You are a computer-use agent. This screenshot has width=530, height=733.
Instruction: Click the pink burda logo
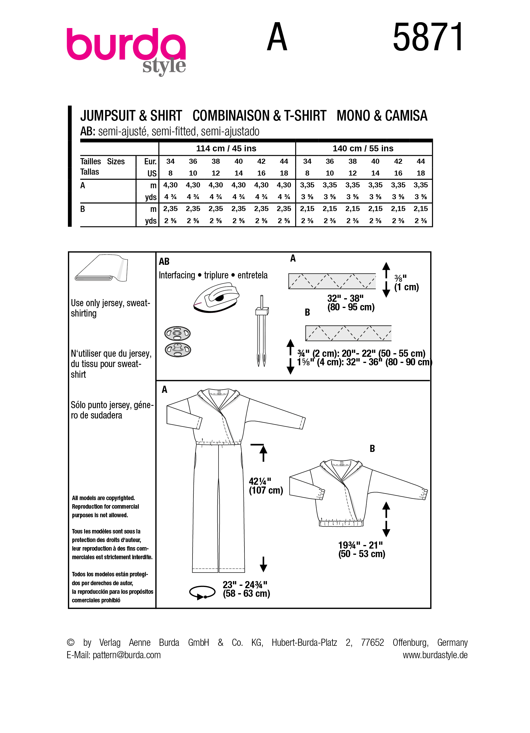[x=126, y=45]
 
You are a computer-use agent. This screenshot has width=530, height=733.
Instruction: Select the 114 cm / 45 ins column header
[x=226, y=148]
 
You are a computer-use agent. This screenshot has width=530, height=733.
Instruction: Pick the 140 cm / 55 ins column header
[x=363, y=148]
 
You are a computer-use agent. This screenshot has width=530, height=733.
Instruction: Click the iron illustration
[x=216, y=298]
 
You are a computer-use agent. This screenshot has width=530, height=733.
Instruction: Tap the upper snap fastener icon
[x=177, y=333]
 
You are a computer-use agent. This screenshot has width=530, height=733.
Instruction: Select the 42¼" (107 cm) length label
[x=265, y=486]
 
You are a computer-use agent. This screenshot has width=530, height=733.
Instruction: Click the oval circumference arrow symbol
[x=202, y=592]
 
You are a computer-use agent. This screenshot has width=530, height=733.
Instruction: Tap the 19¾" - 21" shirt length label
[x=361, y=549]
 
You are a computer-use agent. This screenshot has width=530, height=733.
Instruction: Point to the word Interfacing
[x=177, y=275]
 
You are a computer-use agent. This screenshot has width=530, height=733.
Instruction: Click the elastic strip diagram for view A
[x=332, y=281]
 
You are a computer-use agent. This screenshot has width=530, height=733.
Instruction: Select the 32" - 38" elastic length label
[x=350, y=303]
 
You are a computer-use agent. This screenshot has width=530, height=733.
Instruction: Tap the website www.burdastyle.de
[x=435, y=655]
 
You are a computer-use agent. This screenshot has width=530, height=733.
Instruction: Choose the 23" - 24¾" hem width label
[x=246, y=589]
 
